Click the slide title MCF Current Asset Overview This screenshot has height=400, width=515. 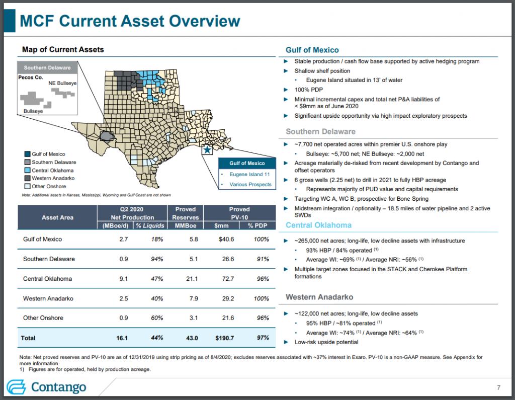(x=129, y=21)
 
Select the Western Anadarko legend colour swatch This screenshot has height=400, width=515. (x=27, y=179)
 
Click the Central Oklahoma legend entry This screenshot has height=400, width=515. (x=52, y=171)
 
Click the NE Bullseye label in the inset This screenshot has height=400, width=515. (x=62, y=83)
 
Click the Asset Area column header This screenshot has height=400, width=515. (x=57, y=217)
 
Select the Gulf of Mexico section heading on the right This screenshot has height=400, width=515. (x=312, y=50)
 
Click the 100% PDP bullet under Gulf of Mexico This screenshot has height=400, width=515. (x=309, y=89)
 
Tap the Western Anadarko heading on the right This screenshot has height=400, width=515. (x=319, y=297)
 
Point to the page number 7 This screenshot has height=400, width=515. (x=498, y=387)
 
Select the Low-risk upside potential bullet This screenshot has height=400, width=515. (x=326, y=342)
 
